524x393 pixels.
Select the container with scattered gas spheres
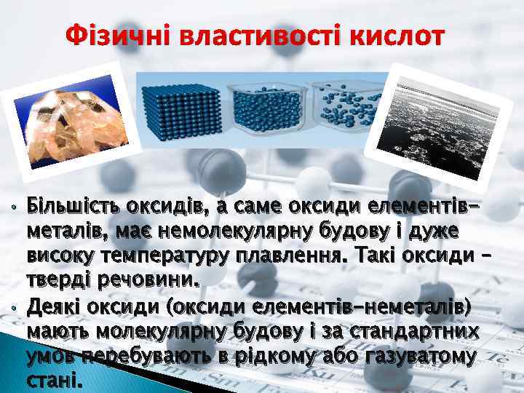[348, 102]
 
